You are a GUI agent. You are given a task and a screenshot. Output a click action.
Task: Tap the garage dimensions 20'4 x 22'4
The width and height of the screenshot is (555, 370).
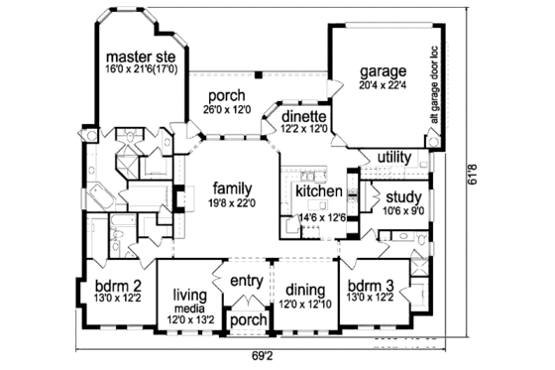click(x=385, y=86)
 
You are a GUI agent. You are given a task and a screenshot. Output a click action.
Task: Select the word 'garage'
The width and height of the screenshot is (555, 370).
click(x=385, y=72)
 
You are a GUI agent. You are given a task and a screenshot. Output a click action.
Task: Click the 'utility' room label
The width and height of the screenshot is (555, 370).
click(x=393, y=157)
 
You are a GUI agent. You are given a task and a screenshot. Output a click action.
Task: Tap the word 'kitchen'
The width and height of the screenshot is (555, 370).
click(x=319, y=190)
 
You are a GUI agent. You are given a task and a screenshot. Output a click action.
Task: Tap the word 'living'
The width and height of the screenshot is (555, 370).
click(x=188, y=294)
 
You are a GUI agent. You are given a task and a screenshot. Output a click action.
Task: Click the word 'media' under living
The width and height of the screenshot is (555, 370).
click(x=188, y=307)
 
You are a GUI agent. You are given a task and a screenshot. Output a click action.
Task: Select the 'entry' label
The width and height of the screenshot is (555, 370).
click(x=246, y=281)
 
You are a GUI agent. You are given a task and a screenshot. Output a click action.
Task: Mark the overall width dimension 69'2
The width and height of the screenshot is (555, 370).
click(x=261, y=353)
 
